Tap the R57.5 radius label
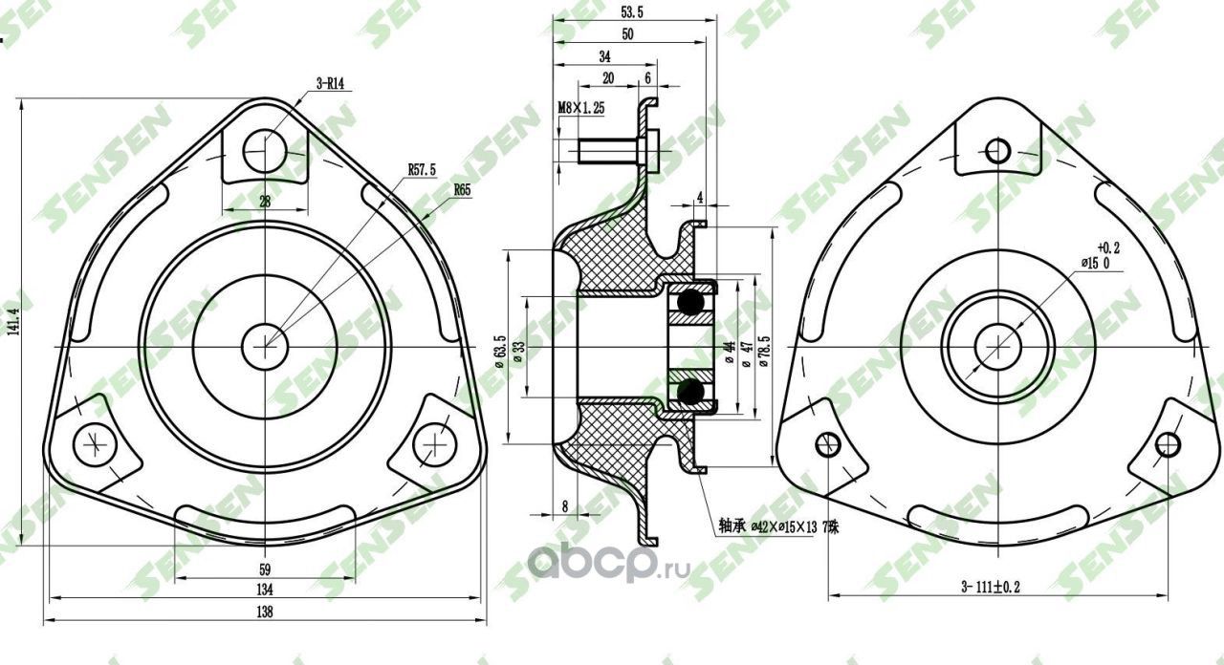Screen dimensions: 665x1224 click(422, 169)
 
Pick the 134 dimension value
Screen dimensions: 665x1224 click(265, 589)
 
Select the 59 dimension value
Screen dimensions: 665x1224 click(265, 569)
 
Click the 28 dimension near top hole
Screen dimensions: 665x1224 click(265, 201)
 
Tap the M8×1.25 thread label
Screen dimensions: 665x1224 click(581, 109)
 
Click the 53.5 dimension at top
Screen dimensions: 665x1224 click(631, 12)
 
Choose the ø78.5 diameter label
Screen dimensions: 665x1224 click(764, 351)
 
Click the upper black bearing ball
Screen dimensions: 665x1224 click(690, 302)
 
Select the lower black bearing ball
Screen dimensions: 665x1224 click(690, 392)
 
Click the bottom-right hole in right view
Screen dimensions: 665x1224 click(1167, 444)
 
